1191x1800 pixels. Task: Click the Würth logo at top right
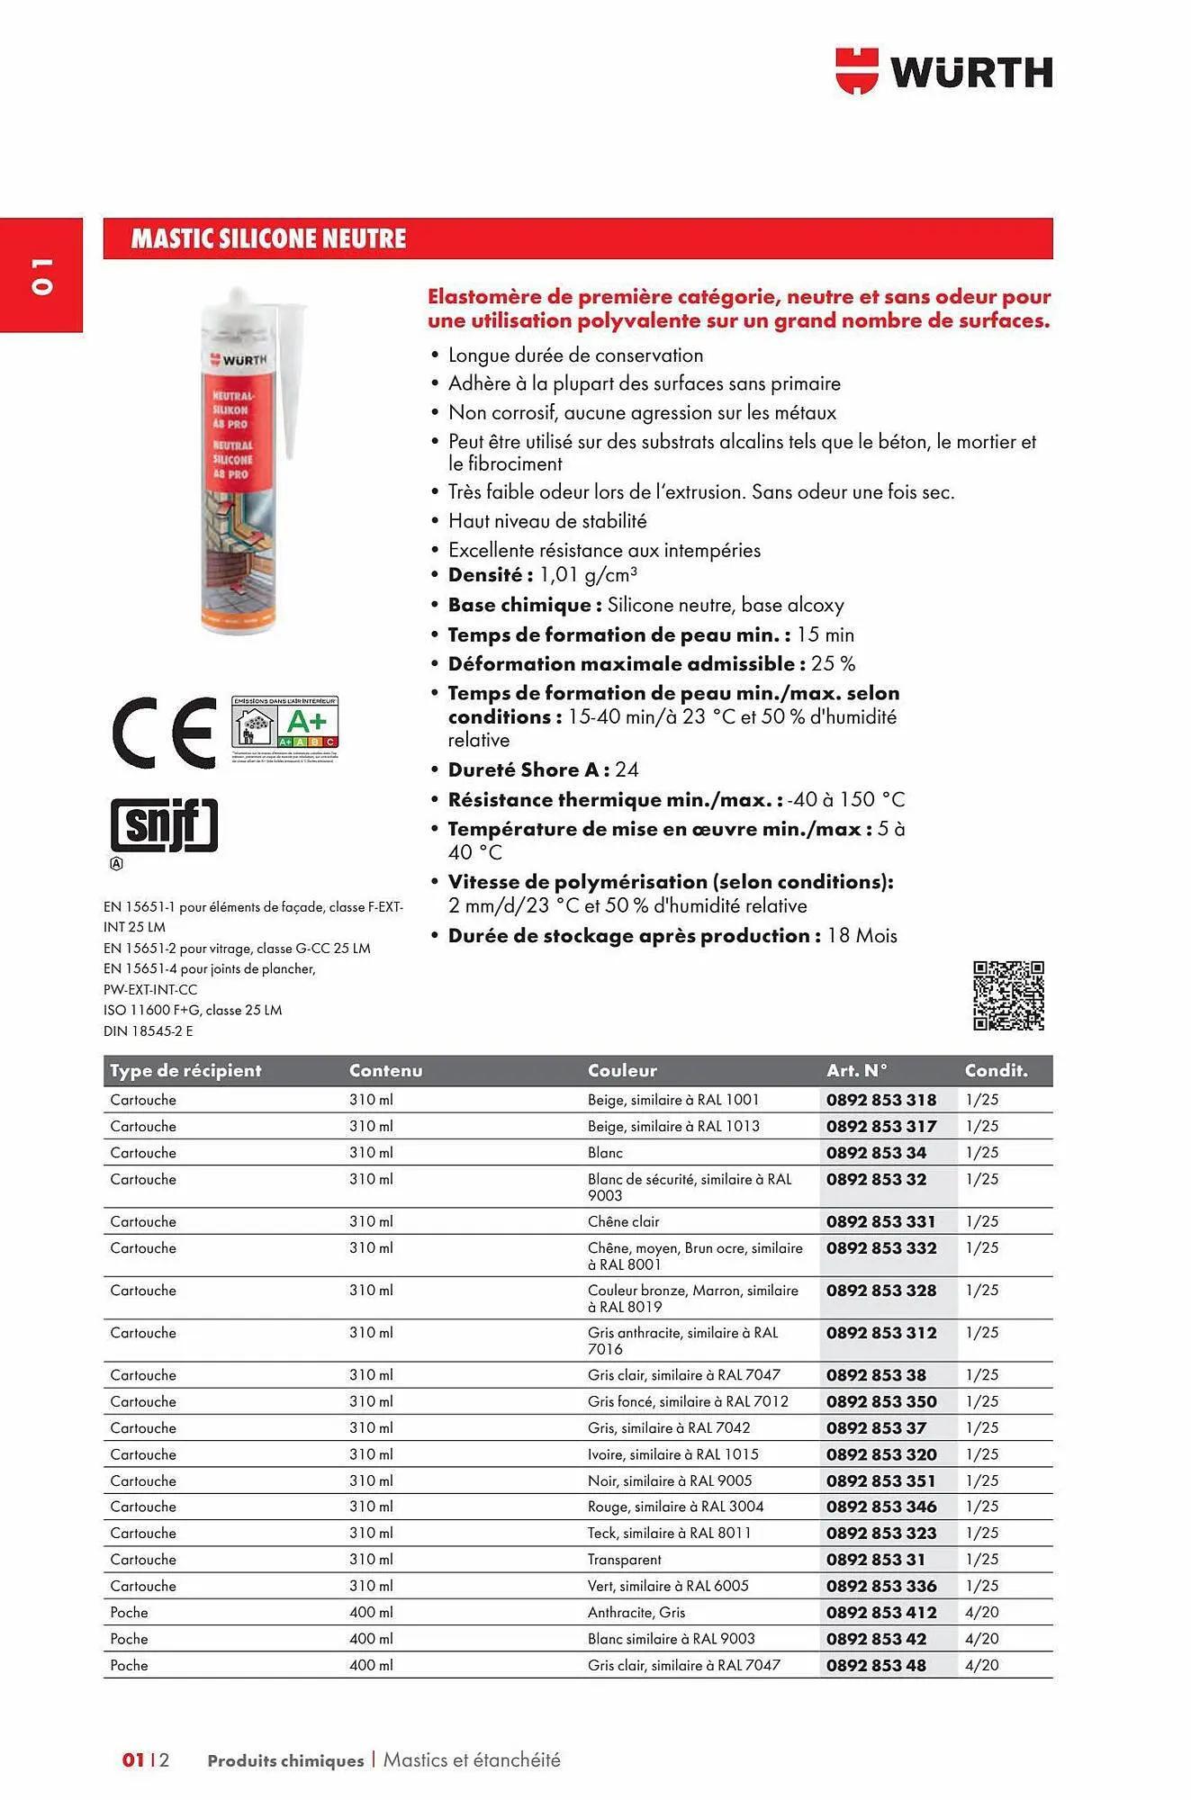click(x=943, y=71)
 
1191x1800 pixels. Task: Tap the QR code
click(x=1008, y=995)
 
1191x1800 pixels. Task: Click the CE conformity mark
click(x=164, y=732)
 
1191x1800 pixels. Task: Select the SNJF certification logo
click(x=164, y=824)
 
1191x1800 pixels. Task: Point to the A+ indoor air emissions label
click(x=285, y=723)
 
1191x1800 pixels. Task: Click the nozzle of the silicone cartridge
click(x=294, y=378)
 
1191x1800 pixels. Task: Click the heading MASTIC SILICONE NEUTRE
click(x=268, y=238)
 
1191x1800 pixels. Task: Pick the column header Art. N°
click(x=856, y=1070)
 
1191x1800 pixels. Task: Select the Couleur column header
click(x=622, y=1070)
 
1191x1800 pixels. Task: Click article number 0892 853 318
click(x=880, y=1100)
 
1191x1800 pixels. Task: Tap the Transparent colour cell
click(x=624, y=1560)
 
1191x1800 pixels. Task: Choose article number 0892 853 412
click(x=880, y=1613)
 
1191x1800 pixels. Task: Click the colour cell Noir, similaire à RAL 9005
click(x=669, y=1480)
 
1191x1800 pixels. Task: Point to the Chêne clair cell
click(x=623, y=1221)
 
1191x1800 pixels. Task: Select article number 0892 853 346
click(x=880, y=1507)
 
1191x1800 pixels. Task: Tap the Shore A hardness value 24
click(x=627, y=770)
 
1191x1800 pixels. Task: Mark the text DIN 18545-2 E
click(x=148, y=1031)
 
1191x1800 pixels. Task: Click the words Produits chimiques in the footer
click(x=285, y=1760)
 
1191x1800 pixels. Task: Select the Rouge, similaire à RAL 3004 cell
click(x=675, y=1507)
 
